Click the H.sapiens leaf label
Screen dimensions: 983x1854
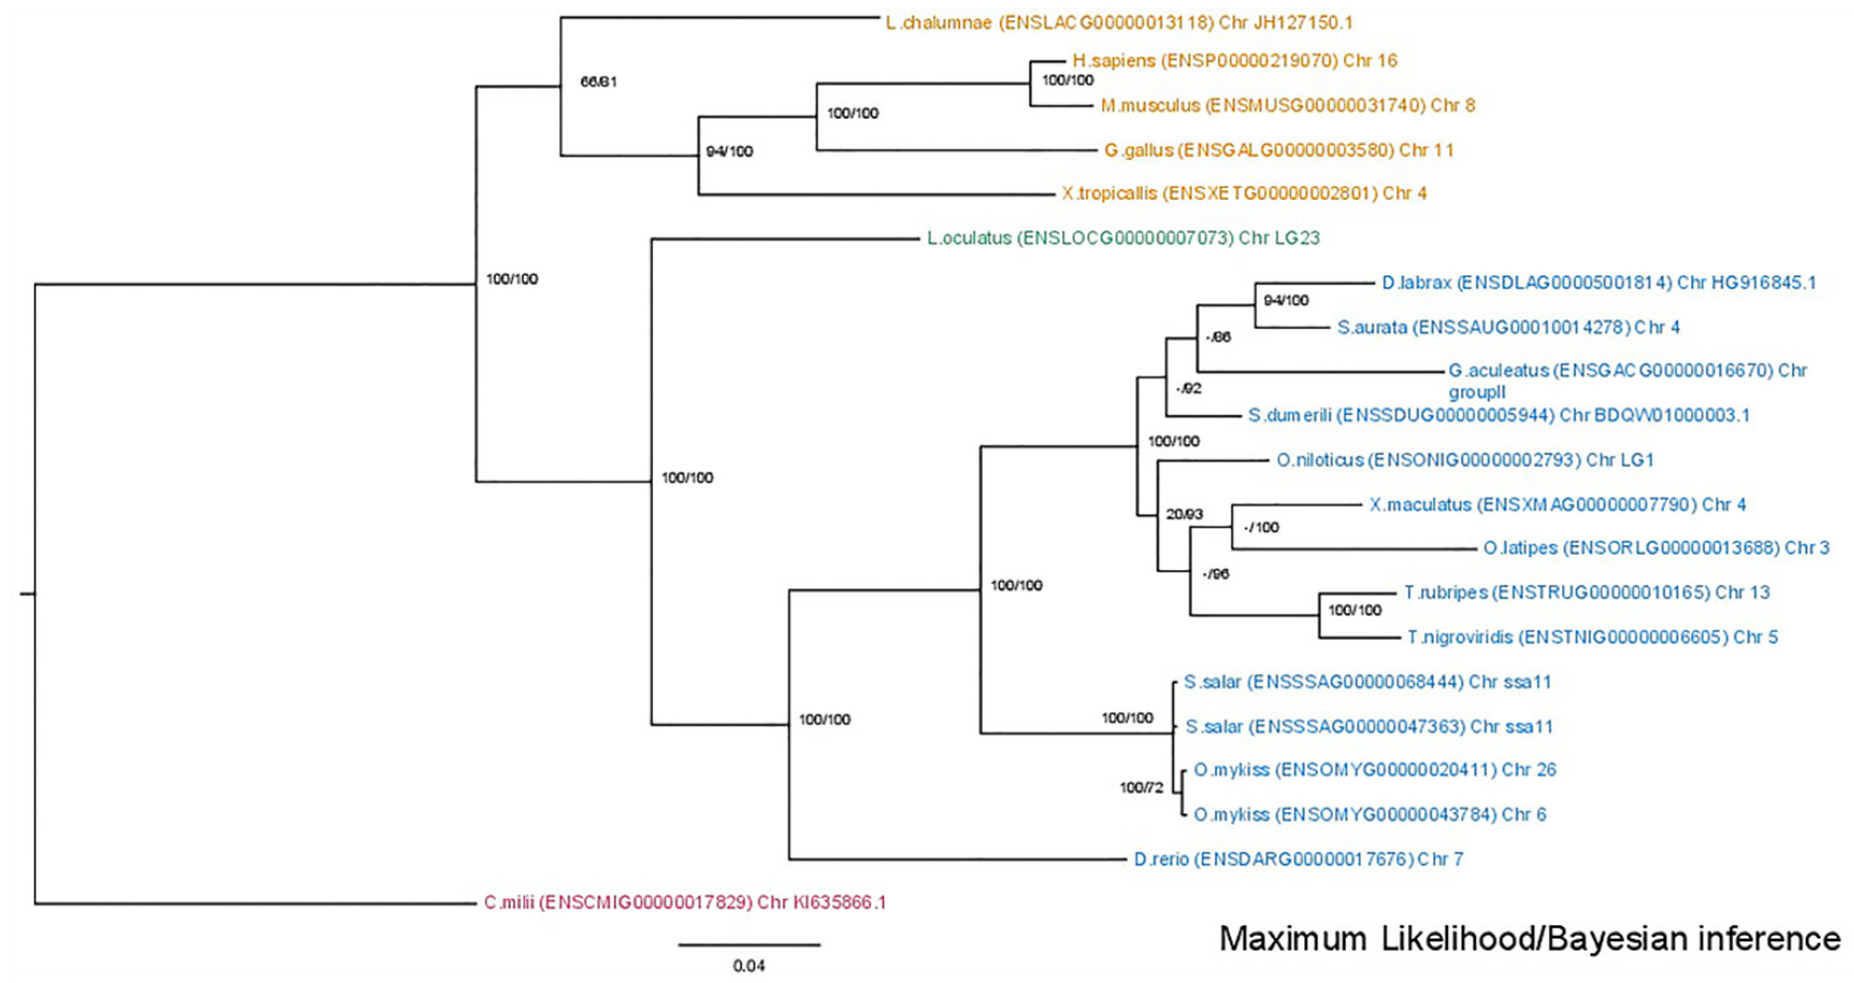tap(1235, 61)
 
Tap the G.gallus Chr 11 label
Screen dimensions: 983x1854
tap(1279, 150)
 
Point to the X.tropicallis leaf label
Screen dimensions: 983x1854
tap(1244, 193)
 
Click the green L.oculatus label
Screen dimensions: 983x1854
tap(1123, 238)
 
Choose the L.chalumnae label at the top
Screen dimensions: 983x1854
tap(1119, 23)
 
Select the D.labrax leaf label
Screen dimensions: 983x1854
tap(1598, 283)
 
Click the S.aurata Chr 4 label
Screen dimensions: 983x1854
tap(1508, 328)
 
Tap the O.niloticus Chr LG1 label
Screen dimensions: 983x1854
tap(1465, 460)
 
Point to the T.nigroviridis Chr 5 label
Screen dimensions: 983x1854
tap(1592, 638)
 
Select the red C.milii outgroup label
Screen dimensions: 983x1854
tap(684, 902)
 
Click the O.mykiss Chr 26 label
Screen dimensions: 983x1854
tap(1375, 770)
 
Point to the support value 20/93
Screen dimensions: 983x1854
tap(1184, 515)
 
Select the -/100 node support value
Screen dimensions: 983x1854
tap(1261, 527)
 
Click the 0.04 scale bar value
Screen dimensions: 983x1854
tap(748, 966)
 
